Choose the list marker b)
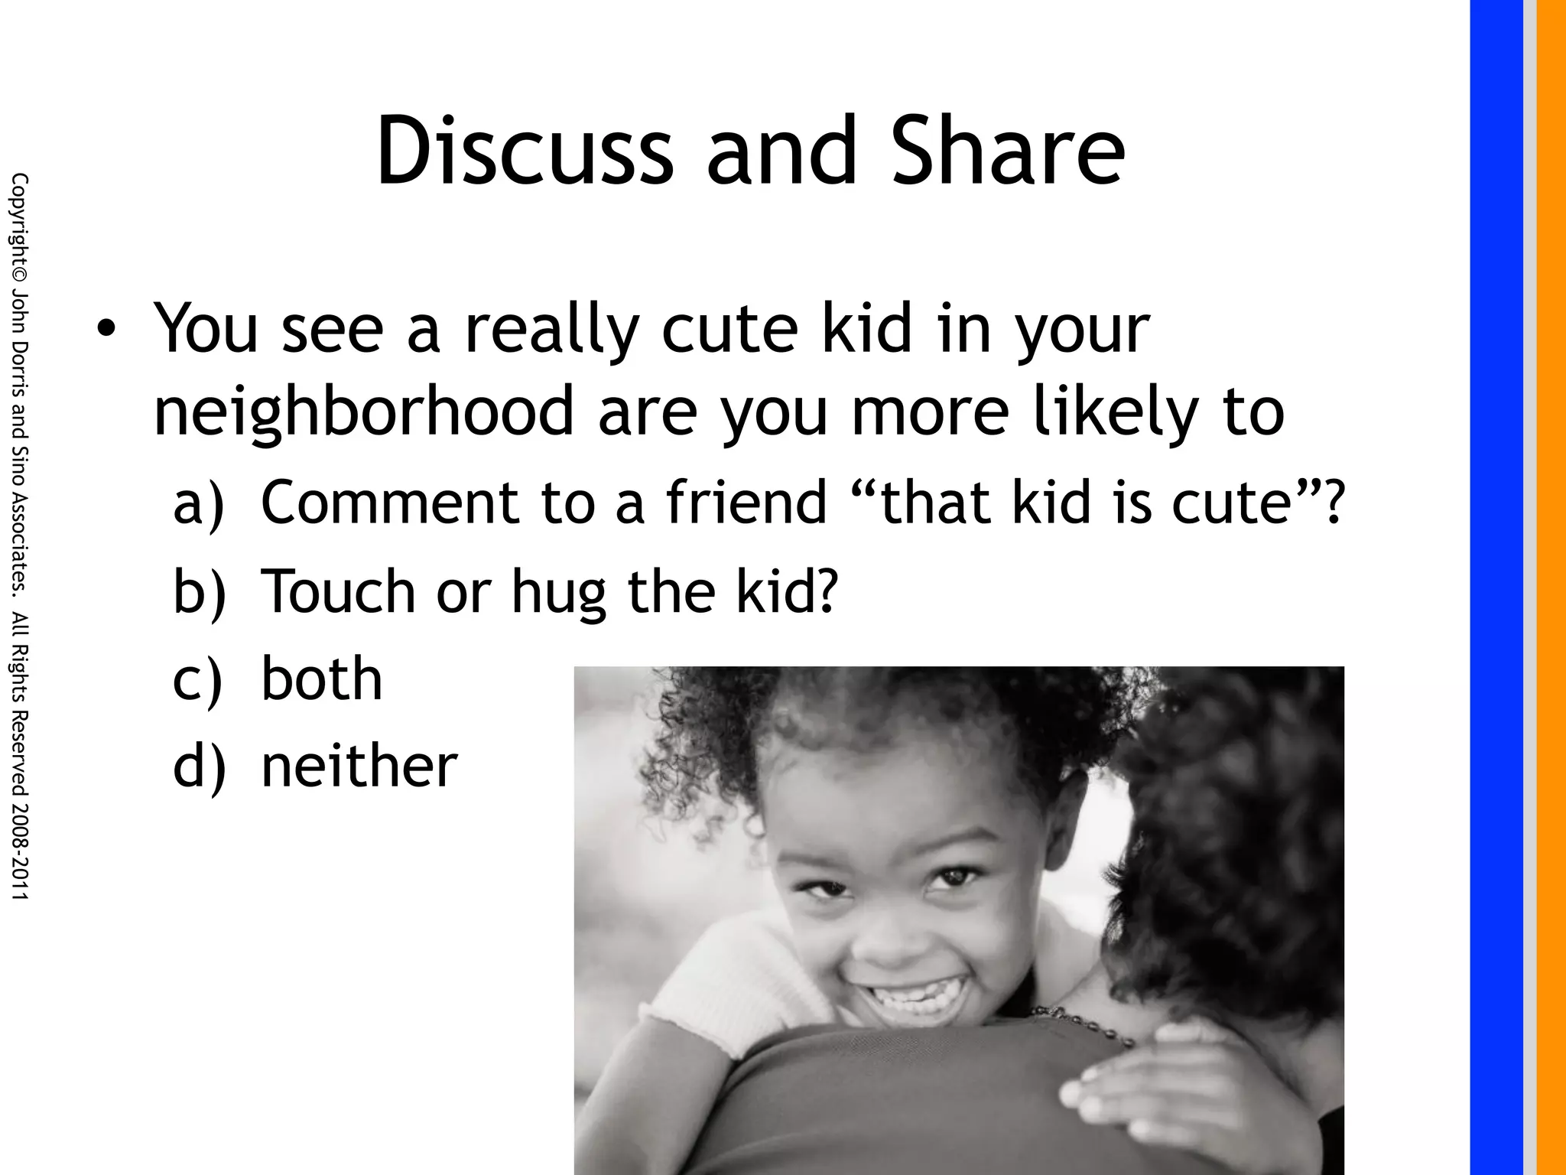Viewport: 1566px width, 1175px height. coord(200,591)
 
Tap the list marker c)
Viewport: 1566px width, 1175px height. coord(198,679)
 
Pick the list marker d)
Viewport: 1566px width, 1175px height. coord(200,766)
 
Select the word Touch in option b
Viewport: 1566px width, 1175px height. coord(338,591)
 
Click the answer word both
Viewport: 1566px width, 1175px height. coord(322,679)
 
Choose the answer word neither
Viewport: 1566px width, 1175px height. coord(359,766)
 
